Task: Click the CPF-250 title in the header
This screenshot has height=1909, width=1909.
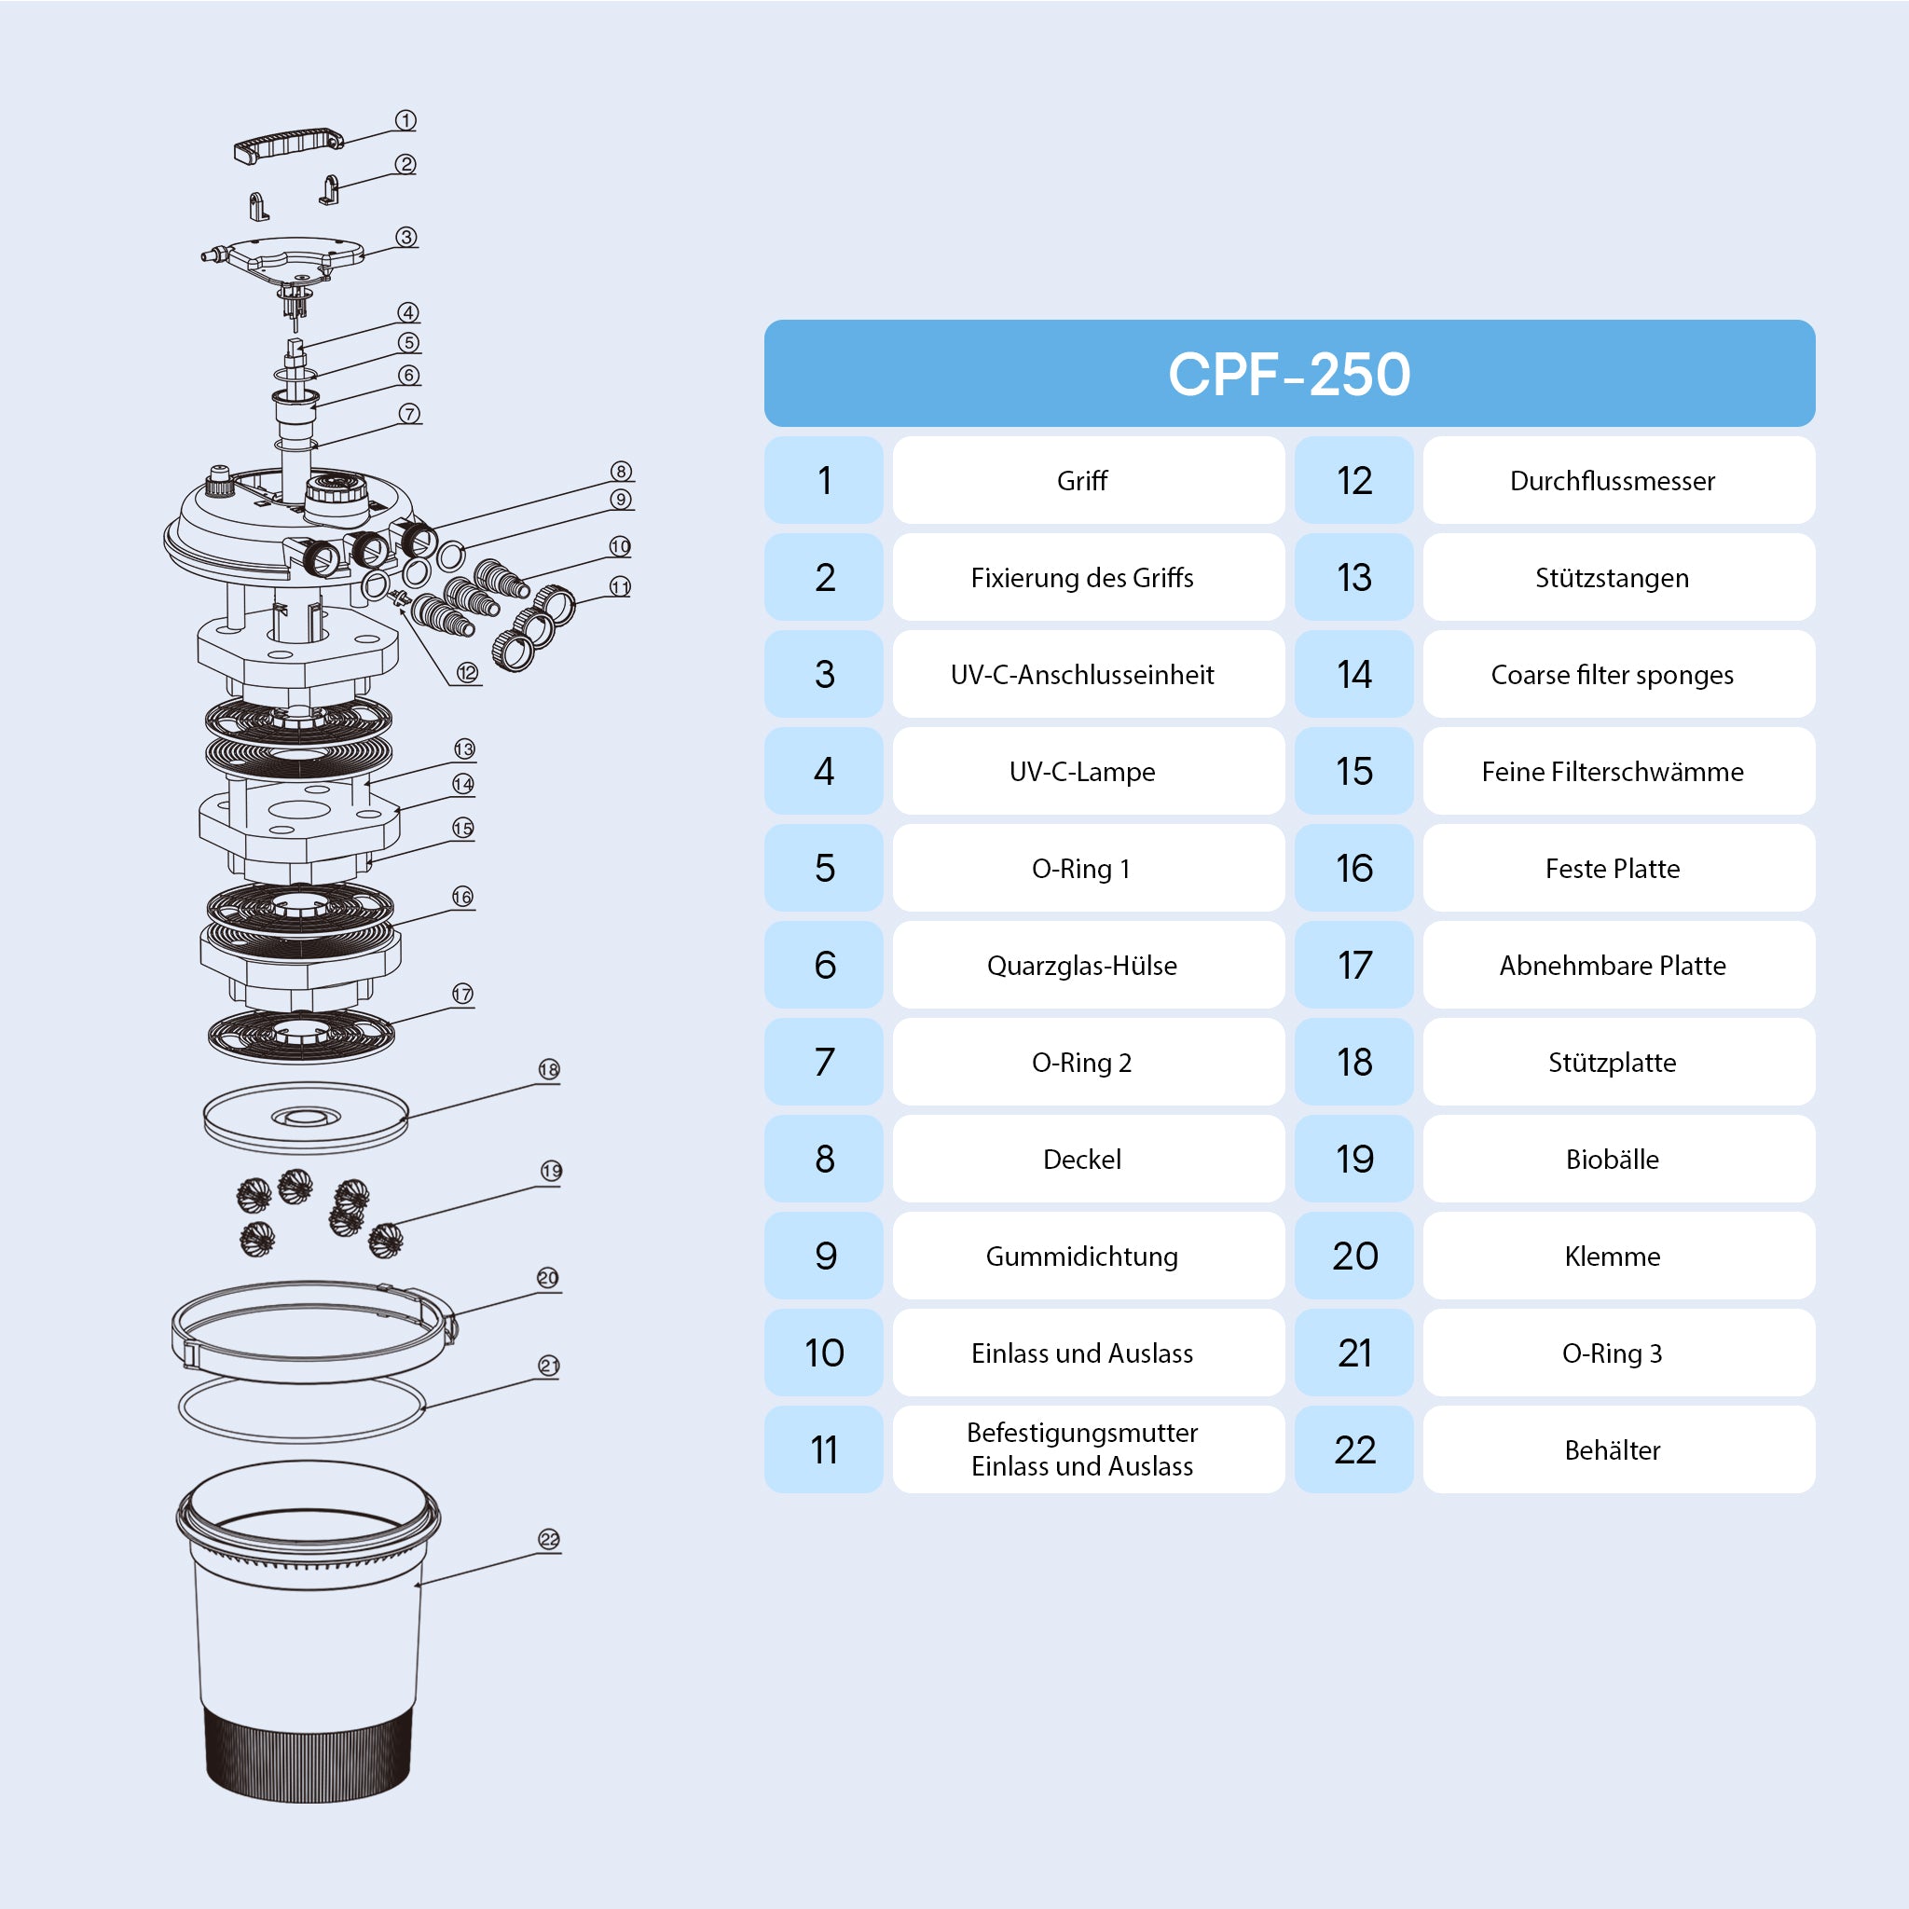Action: [x=1288, y=375]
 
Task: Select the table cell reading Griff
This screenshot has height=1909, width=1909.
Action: [x=1082, y=481]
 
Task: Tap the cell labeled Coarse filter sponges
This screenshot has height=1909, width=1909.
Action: [x=1612, y=675]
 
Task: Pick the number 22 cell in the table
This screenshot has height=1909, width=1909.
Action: [x=1353, y=1449]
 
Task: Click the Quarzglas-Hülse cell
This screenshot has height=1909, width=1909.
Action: [x=1082, y=966]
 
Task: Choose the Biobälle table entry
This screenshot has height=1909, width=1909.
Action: [x=1612, y=1159]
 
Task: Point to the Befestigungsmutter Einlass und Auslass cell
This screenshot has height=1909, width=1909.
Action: [x=1082, y=1449]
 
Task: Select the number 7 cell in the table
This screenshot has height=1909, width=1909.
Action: [x=824, y=1063]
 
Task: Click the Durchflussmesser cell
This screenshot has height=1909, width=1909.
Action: [x=1612, y=481]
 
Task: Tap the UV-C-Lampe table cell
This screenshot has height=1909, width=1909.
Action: [x=1082, y=772]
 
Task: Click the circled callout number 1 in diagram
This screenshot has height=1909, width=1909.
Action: [x=405, y=119]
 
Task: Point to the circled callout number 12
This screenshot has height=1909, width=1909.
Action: [x=467, y=673]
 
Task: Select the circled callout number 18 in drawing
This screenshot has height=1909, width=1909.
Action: [x=549, y=1069]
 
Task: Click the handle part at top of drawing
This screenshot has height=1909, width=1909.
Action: [x=287, y=144]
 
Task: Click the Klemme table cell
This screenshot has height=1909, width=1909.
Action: [x=1612, y=1256]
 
